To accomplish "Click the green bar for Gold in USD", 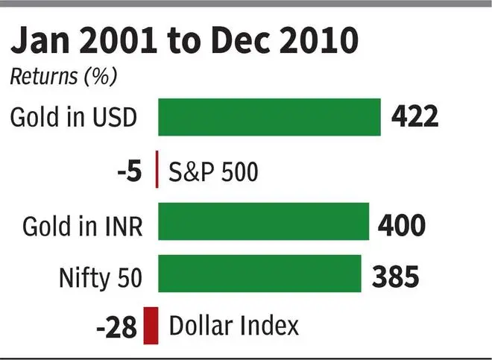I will pos(269,117).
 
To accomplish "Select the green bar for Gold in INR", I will pos(263,221).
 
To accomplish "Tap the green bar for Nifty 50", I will pos(259,274).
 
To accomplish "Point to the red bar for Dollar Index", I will pos(151,326).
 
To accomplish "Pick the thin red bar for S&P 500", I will pos(157,170).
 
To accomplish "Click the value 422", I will pos(415,117).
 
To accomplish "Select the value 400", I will pos(403,223).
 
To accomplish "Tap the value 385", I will pos(395,275).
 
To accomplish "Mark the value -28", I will pos(118,327).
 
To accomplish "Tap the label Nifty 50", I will pos(100,276).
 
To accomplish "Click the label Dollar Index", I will pos(234,326).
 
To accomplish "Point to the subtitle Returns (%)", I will pos(63,75).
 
